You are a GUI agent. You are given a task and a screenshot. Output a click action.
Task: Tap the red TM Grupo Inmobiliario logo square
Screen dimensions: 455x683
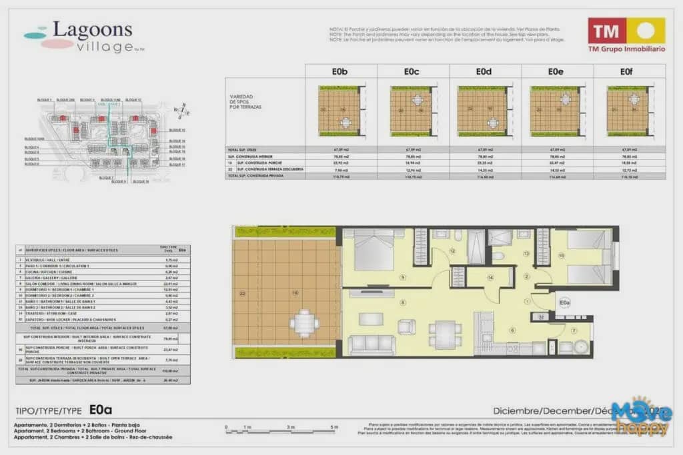click(607, 31)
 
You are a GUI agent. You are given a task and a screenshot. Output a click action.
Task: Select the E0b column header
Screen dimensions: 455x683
click(341, 71)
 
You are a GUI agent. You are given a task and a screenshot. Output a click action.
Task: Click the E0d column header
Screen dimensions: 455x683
click(484, 71)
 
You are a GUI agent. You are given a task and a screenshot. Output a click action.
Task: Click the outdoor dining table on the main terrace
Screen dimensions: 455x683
click(304, 323)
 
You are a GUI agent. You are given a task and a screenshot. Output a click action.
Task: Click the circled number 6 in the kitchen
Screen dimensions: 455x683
click(513, 330)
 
